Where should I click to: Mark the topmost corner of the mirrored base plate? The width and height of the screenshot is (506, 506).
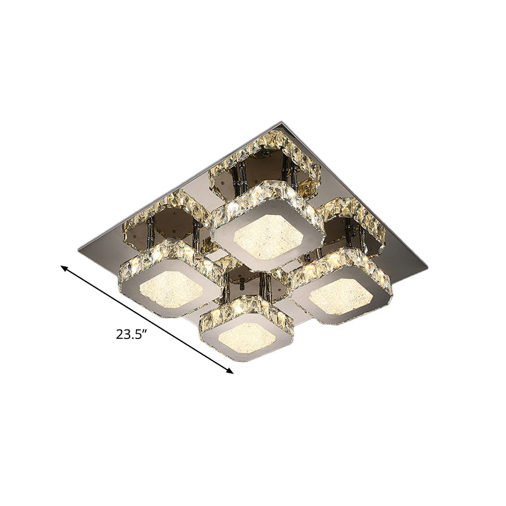point(280,124)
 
